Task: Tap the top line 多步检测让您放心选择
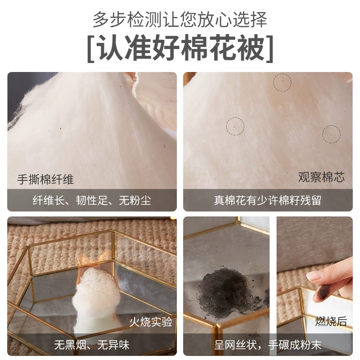180,19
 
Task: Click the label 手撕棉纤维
45,180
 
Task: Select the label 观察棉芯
321,177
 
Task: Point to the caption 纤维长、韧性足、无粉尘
92,200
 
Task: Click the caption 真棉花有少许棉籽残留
268,200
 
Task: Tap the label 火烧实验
151,322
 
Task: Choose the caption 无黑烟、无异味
92,345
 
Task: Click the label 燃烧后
331,321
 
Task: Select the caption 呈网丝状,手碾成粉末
268,345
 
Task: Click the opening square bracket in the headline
91,49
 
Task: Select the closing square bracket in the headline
270,49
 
